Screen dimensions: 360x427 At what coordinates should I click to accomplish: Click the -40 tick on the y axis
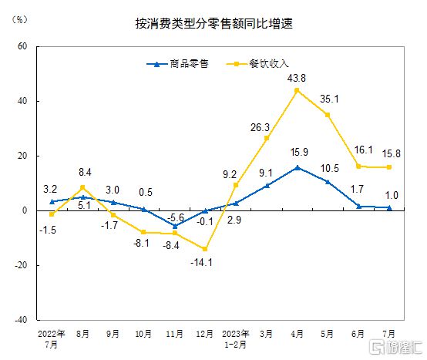(21, 319)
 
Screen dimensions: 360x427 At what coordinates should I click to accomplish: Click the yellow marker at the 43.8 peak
(297, 90)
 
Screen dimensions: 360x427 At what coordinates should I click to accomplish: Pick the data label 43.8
(297, 78)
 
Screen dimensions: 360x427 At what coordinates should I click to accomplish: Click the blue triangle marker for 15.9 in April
(297, 167)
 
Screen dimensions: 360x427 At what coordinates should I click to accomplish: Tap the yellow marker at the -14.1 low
(205, 248)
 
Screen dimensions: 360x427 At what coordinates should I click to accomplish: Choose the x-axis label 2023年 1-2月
(236, 338)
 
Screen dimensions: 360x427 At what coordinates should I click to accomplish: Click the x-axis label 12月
(205, 334)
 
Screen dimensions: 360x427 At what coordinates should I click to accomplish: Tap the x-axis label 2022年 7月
(52, 338)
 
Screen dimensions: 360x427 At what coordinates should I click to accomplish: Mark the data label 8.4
(84, 173)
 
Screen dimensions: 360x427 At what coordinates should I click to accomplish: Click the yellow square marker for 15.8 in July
(389, 167)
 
